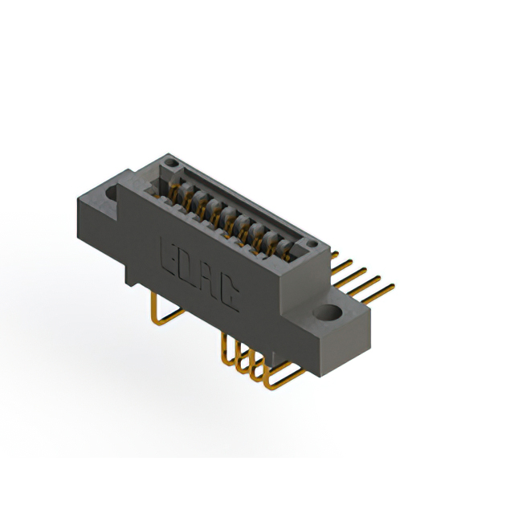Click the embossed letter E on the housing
[x=169, y=255]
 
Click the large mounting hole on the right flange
[x=328, y=312]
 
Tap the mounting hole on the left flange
[x=112, y=194]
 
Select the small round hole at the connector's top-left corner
[x=170, y=162]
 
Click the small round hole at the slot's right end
[x=312, y=243]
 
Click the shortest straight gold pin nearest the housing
[x=334, y=255]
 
